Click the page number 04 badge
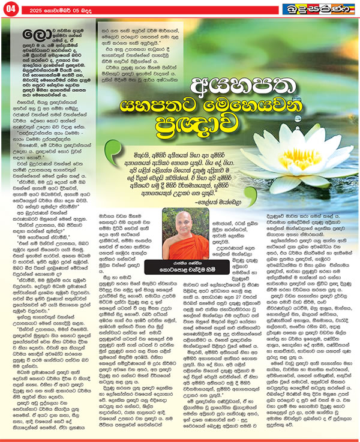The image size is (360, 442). (11, 9)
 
